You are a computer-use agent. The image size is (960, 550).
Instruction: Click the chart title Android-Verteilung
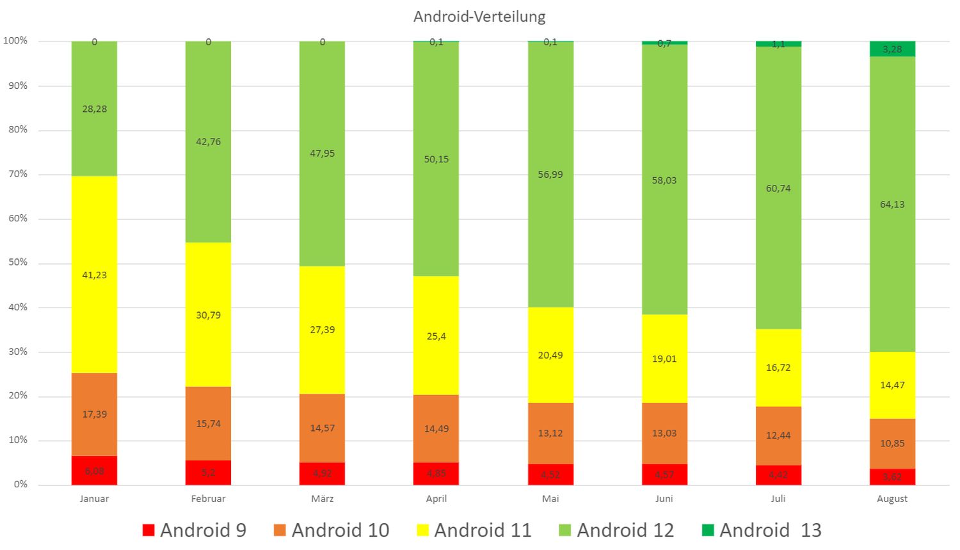click(x=479, y=17)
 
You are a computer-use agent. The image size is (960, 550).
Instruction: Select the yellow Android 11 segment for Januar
click(x=94, y=301)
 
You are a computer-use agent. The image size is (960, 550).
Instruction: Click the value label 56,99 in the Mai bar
click(x=550, y=175)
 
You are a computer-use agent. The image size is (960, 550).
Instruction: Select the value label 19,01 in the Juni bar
click(x=664, y=359)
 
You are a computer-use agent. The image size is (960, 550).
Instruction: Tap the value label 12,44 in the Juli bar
click(x=778, y=436)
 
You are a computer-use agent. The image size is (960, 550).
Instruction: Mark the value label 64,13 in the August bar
click(x=892, y=205)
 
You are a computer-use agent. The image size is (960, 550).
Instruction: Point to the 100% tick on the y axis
click(x=15, y=41)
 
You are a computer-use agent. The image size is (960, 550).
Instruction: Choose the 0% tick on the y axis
click(x=20, y=484)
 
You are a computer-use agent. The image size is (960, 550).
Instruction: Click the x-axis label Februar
click(x=208, y=499)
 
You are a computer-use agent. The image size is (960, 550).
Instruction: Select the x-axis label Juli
click(x=778, y=499)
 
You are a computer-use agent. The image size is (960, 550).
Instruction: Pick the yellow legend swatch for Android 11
click(x=422, y=530)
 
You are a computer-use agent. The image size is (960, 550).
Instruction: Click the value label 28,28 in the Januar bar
click(x=94, y=109)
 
